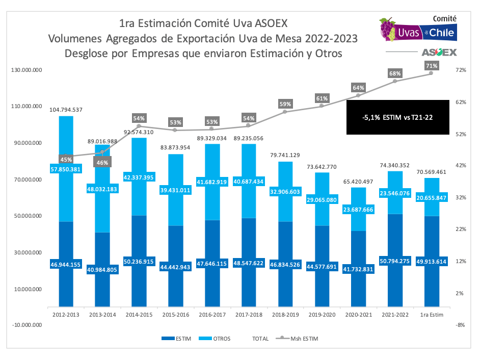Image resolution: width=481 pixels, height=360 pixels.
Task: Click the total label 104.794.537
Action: [66, 110]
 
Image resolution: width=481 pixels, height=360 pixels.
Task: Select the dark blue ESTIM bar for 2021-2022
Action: [394, 286]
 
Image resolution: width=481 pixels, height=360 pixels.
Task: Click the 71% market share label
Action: [431, 66]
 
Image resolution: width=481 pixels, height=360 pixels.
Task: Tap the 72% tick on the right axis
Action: [461, 70]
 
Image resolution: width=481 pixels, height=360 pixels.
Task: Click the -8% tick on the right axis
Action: [461, 325]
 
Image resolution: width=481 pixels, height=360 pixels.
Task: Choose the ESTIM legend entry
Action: [176, 338]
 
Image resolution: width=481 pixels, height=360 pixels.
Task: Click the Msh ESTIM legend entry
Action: [298, 338]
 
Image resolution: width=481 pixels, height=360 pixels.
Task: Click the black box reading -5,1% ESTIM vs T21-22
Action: [397, 117]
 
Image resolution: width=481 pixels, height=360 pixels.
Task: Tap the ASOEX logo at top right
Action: [439, 53]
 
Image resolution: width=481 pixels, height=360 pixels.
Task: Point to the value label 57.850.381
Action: [66, 169]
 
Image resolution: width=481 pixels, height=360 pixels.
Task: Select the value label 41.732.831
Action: [358, 269]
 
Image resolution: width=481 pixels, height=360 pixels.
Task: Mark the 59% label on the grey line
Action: [285, 105]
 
